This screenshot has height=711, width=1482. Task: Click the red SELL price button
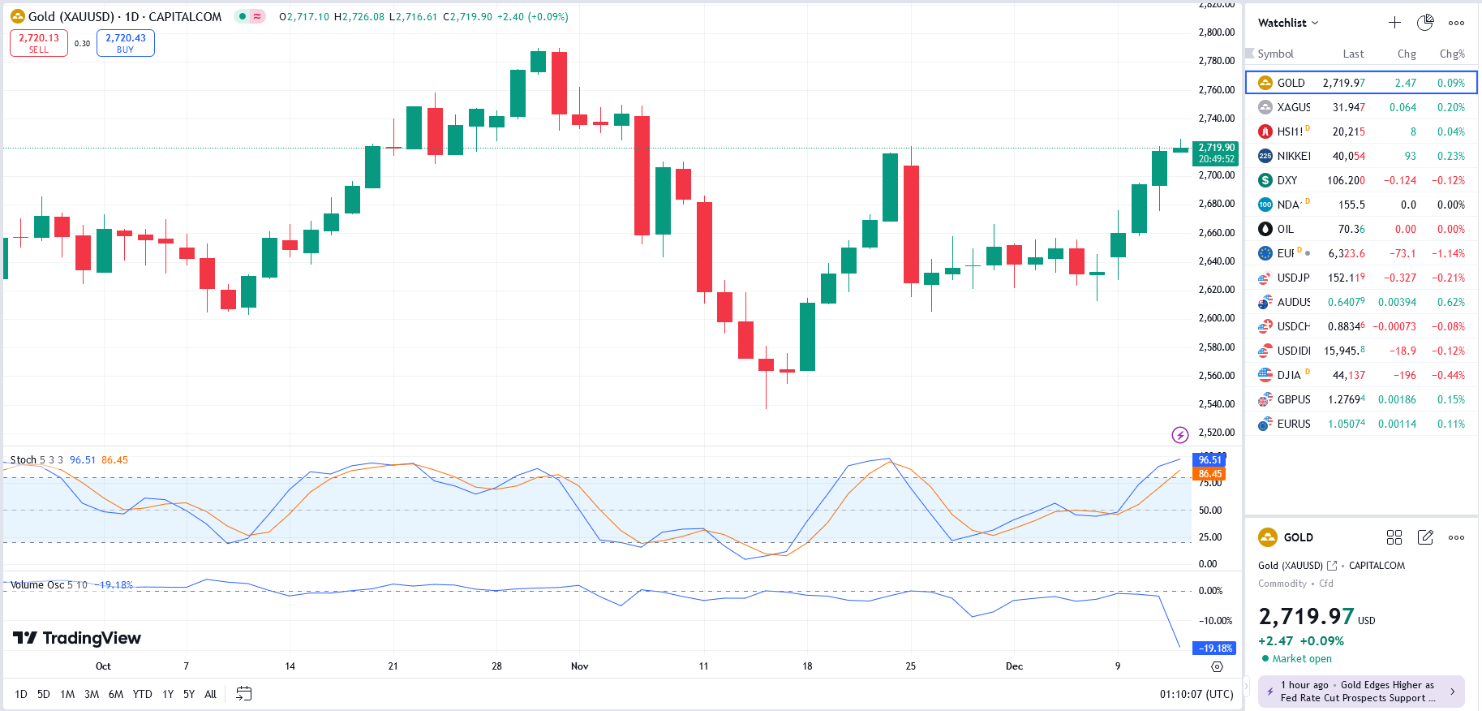[x=39, y=43]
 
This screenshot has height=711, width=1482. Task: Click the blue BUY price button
[x=126, y=43]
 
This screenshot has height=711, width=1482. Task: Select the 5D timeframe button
[x=44, y=694]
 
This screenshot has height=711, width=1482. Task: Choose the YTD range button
[x=142, y=694]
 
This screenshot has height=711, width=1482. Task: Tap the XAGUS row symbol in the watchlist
[x=1293, y=107]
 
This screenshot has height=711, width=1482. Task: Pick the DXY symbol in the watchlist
[x=1287, y=180]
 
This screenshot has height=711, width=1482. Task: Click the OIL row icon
[x=1265, y=229]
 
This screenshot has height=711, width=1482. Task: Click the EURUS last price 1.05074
[x=1346, y=424]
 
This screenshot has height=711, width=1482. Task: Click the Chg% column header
[x=1452, y=54]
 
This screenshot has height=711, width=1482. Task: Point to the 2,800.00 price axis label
[x=1216, y=32]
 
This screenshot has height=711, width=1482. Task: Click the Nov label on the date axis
[x=579, y=666]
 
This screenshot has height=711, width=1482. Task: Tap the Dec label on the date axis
[x=1014, y=666]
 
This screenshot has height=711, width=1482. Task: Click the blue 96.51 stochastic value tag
[x=1209, y=460]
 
